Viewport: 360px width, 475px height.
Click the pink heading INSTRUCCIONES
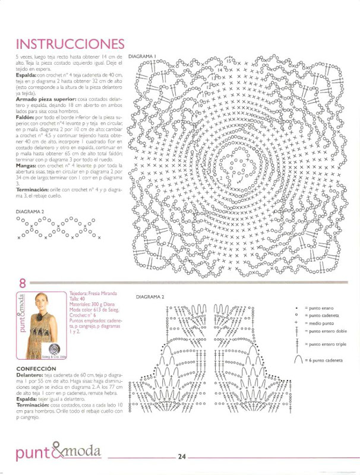click(70, 44)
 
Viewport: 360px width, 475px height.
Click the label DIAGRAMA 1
click(142, 57)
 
